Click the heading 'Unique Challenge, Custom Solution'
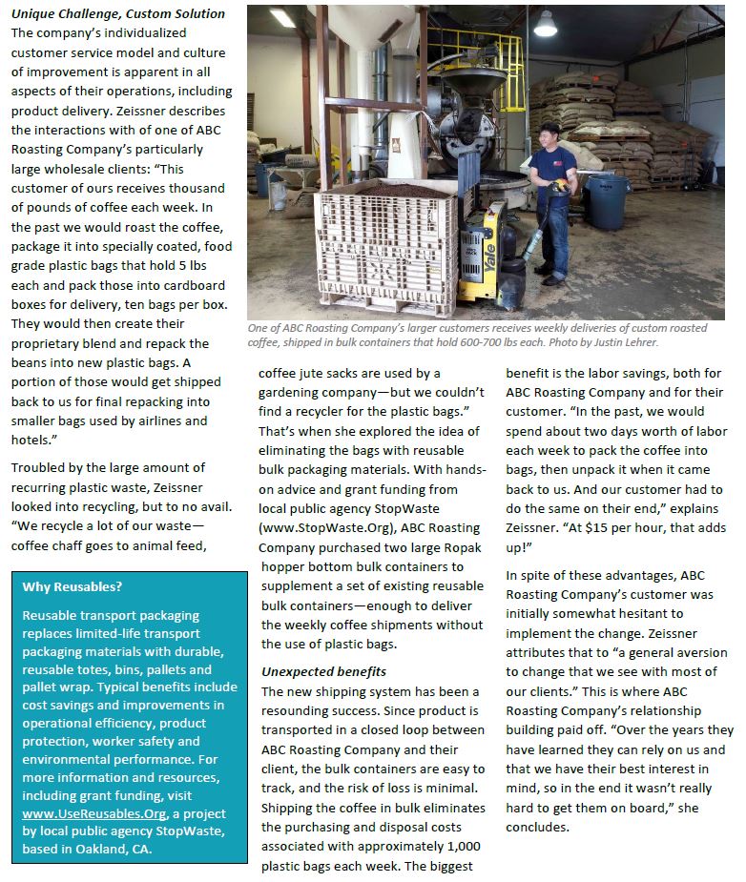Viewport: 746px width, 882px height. pyautogui.click(x=118, y=14)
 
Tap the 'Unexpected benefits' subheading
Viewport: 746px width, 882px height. pyautogui.click(x=323, y=671)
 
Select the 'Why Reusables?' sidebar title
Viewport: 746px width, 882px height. pyautogui.click(x=73, y=586)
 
